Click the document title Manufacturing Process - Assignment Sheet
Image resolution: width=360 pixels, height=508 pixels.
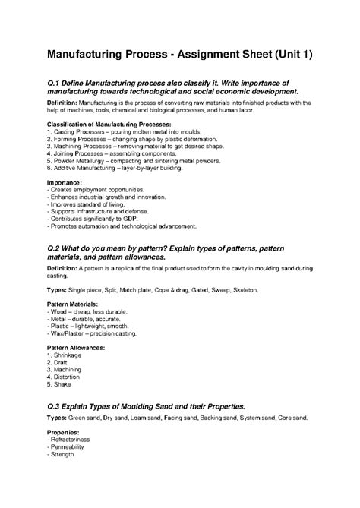(x=179, y=55)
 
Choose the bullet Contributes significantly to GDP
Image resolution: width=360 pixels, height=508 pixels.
(x=94, y=219)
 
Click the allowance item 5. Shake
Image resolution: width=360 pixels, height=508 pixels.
(x=61, y=383)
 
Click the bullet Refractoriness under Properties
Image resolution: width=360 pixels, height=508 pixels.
(x=71, y=439)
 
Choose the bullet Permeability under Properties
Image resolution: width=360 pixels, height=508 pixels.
(x=70, y=446)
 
